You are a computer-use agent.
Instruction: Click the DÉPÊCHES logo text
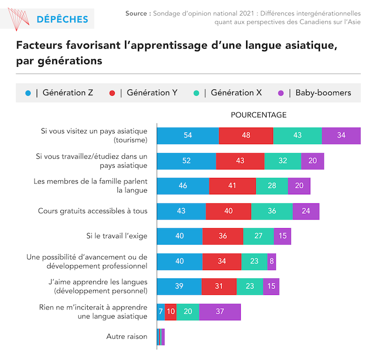coord(62,19)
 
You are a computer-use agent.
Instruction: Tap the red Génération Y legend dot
coord(112,93)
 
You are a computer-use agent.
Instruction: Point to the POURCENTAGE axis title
coord(259,115)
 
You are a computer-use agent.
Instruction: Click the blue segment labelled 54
coord(187,136)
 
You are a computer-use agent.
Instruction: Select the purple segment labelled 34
coord(341,136)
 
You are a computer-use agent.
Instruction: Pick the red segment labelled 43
coord(240,161)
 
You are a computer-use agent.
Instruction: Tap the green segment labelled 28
coord(272,186)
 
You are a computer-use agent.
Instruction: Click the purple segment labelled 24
coord(306,211)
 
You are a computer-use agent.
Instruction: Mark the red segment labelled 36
coord(222,236)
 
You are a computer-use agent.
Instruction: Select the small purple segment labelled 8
coord(271,262)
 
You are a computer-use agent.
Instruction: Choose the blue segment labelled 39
coord(179,286)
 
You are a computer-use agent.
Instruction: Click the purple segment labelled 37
coord(220,312)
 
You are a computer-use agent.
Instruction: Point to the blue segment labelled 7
coord(160,312)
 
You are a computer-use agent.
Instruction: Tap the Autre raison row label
coord(127,337)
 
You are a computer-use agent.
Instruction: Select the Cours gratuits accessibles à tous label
coord(93,211)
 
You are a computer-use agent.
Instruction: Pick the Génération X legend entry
coord(236,93)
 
